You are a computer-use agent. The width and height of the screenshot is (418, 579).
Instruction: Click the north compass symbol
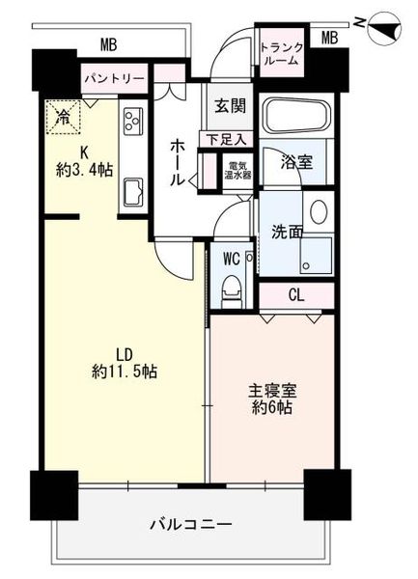(x=384, y=29)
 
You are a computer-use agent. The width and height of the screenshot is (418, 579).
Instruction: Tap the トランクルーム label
(x=282, y=54)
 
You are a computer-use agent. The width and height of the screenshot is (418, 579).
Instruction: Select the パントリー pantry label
(x=115, y=79)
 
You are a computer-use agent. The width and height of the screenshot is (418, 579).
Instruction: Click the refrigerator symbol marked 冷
(x=63, y=117)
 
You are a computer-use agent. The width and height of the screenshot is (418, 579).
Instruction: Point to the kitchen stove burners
(x=133, y=120)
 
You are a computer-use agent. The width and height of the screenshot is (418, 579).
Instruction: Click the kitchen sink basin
(x=133, y=192)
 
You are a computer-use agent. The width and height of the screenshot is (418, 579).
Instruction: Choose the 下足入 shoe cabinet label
(x=226, y=140)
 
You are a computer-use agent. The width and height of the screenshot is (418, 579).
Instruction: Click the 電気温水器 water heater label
(x=238, y=170)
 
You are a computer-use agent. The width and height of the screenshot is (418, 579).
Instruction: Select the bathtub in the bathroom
(x=296, y=115)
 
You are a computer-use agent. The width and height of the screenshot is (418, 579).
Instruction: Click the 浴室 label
(x=297, y=162)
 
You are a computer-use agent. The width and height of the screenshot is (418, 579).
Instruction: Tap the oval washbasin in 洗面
(x=319, y=212)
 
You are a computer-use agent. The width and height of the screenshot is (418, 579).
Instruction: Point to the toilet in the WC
(x=232, y=291)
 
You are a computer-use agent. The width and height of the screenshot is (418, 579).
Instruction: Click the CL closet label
(x=296, y=294)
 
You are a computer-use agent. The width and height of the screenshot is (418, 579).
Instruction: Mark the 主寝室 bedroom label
(x=272, y=391)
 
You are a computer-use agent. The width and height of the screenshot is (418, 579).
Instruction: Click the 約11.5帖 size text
(x=125, y=372)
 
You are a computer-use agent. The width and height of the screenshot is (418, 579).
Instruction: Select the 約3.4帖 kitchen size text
(x=85, y=170)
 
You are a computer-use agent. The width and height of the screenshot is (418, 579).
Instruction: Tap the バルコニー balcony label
(x=191, y=524)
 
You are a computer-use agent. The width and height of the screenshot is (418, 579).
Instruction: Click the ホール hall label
(x=177, y=163)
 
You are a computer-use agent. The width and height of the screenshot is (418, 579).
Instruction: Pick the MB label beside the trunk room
(x=330, y=38)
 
